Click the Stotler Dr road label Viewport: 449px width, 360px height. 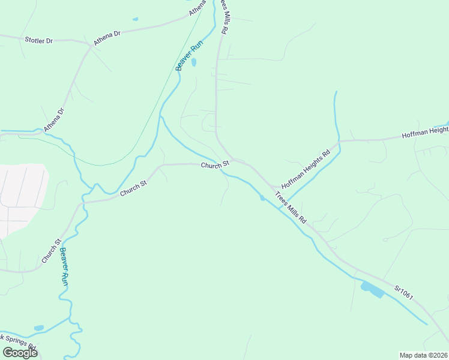[x=39, y=40]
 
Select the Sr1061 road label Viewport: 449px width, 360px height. [x=404, y=293]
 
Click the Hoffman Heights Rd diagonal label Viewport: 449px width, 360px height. [x=306, y=170]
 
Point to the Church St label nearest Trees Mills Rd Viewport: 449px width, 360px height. [x=215, y=164]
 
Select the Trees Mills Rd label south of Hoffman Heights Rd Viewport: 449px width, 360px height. [x=291, y=208]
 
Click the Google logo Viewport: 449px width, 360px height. [x=20, y=353]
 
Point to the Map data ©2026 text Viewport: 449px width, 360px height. [x=422, y=355]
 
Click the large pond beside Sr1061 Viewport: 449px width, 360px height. [x=372, y=290]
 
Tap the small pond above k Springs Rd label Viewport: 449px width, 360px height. [x=39, y=328]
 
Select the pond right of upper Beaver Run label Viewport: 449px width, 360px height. [x=193, y=62]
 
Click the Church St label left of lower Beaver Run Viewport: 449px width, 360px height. [x=52, y=250]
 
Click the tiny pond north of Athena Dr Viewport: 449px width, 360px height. [x=135, y=19]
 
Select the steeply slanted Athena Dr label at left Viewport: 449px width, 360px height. [x=53, y=120]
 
